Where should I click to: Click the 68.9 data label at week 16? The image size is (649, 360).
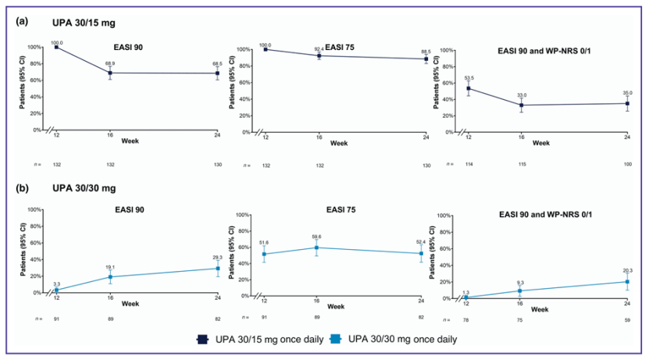point(110,63)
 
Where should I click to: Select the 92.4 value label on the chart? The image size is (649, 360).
point(319,49)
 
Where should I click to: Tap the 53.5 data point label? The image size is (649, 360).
point(468,78)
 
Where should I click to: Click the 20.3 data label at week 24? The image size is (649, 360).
point(628,272)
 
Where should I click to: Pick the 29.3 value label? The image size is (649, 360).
point(217,256)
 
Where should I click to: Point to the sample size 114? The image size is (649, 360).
point(467,164)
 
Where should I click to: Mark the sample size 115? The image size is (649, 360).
point(521,164)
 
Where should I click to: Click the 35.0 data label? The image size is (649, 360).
point(628,92)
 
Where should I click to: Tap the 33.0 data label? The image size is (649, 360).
point(521,94)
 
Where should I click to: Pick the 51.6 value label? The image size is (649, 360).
point(265,243)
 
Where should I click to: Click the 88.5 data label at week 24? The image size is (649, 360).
point(425,52)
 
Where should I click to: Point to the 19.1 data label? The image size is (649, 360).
point(110,266)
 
